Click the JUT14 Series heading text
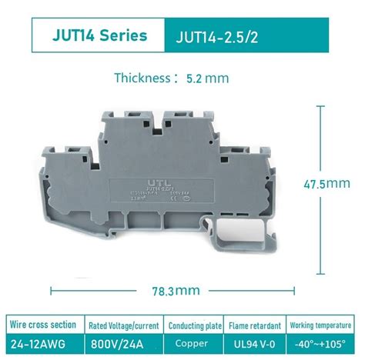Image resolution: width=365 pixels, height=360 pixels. click(101, 36)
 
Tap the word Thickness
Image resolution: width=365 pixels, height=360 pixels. click(141, 78)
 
